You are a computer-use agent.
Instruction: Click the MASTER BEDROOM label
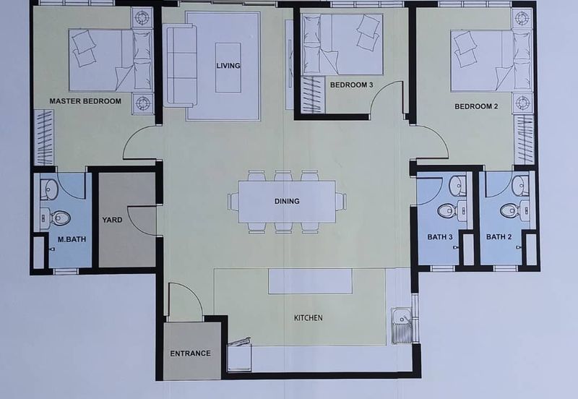point(85,101)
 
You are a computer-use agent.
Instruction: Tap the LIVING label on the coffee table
point(228,66)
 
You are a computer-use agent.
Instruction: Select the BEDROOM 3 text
point(351,85)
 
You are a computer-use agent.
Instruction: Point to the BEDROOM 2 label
point(476,106)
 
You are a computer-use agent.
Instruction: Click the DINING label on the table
point(287,202)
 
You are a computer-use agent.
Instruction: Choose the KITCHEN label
point(309,318)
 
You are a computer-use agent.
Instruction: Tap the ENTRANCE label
point(190,353)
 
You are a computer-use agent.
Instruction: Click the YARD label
point(112,220)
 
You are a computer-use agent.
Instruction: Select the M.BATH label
point(72,239)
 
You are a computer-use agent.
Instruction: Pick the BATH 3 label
point(440,237)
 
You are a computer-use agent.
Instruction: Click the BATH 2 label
point(499,237)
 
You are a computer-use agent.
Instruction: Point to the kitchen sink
point(401,325)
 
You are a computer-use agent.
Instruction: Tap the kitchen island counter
point(310,281)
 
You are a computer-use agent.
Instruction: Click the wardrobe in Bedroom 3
point(314,95)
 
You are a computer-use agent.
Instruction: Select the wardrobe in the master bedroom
point(44,137)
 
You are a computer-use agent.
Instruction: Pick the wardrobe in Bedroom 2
point(524,140)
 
